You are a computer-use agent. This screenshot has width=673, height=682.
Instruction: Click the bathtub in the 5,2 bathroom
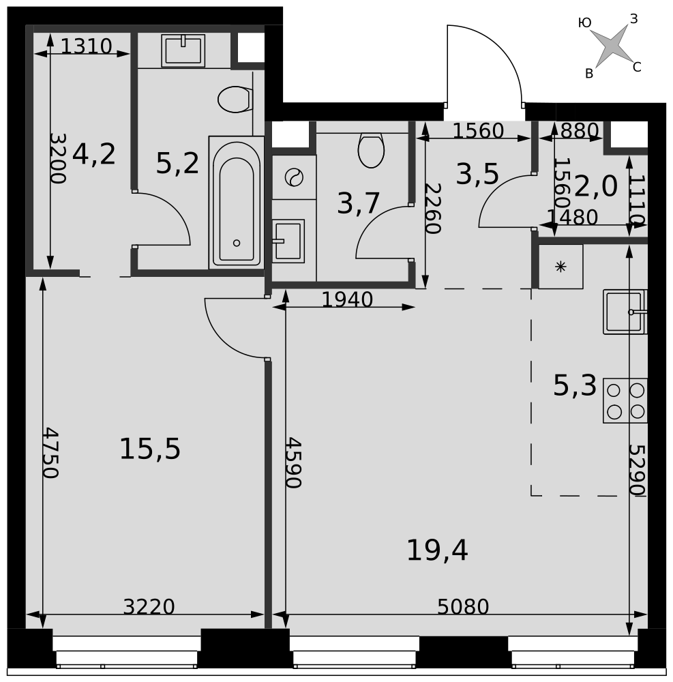point(236,203)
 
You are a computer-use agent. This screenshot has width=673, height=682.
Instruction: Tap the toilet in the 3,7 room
point(371,150)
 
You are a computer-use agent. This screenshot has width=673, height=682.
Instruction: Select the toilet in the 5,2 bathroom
point(235,99)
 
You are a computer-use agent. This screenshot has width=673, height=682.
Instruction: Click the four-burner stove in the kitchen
point(625,400)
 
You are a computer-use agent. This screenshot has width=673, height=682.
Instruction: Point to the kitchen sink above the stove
point(625,312)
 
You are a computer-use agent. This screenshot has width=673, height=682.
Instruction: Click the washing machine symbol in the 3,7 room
point(294,177)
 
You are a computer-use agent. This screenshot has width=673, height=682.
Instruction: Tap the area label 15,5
point(149,449)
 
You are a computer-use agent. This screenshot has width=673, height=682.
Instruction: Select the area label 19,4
point(437,550)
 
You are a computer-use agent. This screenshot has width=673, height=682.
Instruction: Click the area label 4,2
point(94,154)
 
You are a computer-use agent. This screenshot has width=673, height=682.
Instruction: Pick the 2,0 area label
point(596,187)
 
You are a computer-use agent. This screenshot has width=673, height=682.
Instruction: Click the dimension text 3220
point(149,606)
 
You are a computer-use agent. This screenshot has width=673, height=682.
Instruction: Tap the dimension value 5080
point(463,606)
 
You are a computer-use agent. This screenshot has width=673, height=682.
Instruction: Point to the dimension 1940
point(347,299)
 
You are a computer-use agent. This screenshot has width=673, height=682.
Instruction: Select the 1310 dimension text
point(86,46)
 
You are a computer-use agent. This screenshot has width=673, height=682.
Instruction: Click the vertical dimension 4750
point(50,452)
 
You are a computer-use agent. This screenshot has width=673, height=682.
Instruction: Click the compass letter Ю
point(585,23)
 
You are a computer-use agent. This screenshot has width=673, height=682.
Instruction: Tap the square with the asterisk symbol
point(560,267)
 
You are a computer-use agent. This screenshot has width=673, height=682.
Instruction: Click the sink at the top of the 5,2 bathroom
point(183,51)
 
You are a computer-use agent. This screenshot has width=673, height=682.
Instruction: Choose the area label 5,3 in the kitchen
point(575,385)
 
